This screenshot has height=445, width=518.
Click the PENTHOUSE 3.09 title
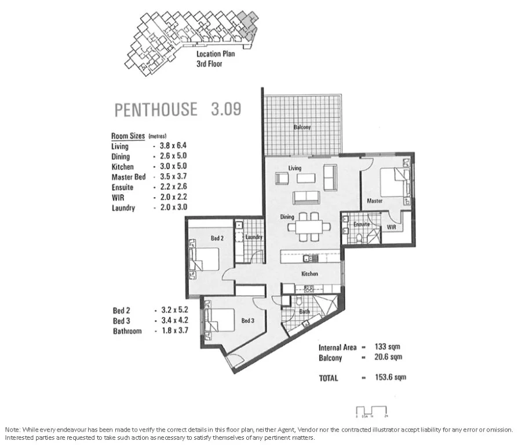(177, 109)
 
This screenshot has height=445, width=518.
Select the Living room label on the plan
(295, 168)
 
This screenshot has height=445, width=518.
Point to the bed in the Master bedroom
(396, 182)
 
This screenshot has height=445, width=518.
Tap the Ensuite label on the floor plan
(361, 223)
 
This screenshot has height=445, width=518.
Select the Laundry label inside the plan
(254, 237)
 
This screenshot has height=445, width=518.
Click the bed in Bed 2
(203, 258)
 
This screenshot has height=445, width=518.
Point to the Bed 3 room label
(248, 320)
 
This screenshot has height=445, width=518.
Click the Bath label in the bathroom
(304, 312)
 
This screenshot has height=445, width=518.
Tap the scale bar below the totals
(372, 410)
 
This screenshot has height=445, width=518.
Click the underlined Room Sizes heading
(128, 136)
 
